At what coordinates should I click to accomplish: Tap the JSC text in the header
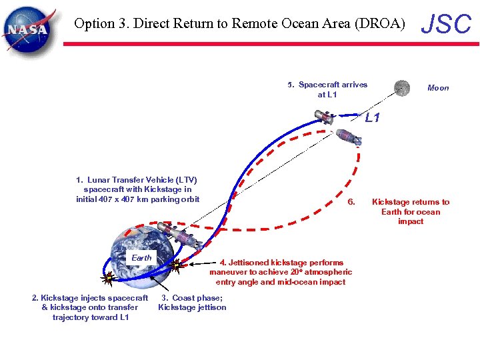point(447,24)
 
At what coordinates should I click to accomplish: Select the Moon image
point(401,87)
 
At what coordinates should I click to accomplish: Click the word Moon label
point(438,88)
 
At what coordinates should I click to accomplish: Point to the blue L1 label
point(372,118)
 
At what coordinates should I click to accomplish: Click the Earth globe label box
point(141,258)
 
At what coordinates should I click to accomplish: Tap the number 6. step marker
point(353,202)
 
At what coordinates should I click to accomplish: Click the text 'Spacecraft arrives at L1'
point(327,89)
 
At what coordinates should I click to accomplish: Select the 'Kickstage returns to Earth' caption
point(411,211)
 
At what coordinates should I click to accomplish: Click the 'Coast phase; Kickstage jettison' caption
point(192,303)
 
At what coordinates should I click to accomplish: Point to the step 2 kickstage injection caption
point(90,307)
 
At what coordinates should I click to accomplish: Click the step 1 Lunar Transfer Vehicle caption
point(137,189)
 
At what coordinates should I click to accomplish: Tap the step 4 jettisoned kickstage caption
point(281,272)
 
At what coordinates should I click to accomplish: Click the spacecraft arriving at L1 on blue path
point(324,117)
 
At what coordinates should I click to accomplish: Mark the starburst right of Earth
point(176,267)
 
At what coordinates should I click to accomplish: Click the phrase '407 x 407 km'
point(125,199)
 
